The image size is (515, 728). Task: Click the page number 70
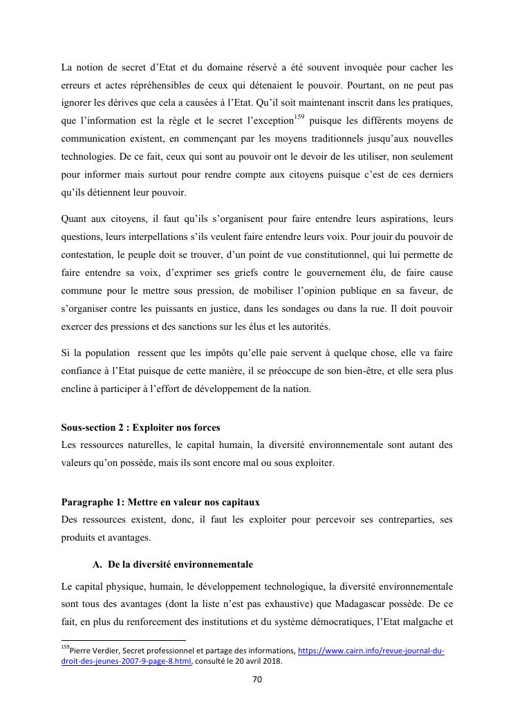point(257,680)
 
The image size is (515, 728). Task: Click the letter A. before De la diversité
point(97,564)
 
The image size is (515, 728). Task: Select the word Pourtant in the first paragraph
point(372,85)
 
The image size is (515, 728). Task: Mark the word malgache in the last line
point(417,622)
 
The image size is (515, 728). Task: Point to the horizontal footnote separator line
point(124,641)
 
